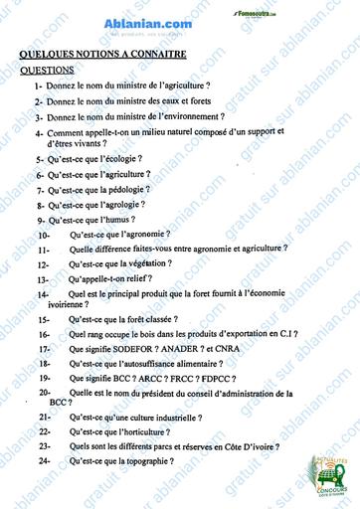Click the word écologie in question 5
point(123,159)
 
